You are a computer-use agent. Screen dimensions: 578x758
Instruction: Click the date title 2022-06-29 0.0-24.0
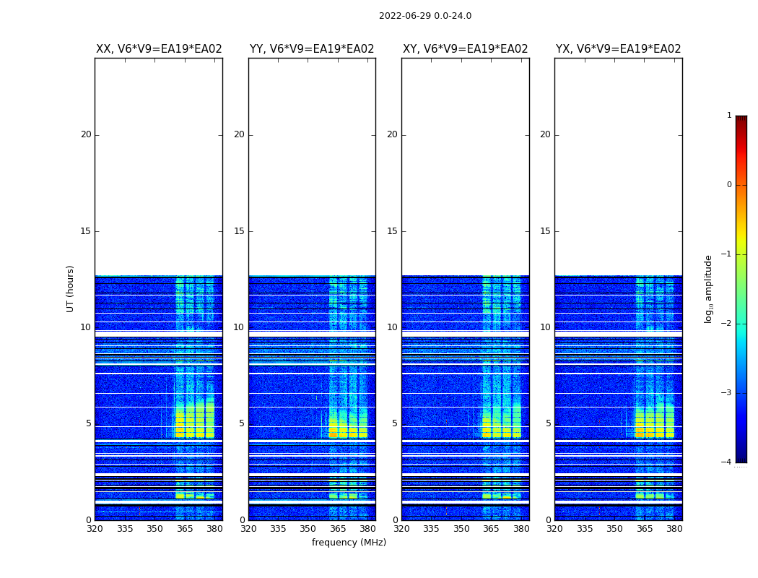(424, 16)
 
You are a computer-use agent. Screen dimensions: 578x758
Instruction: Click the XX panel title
(159, 49)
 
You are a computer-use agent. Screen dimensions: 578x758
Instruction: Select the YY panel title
(312, 49)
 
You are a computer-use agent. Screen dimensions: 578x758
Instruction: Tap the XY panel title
(465, 49)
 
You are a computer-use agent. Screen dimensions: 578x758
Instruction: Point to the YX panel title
(618, 49)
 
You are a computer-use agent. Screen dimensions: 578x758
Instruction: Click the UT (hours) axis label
(71, 288)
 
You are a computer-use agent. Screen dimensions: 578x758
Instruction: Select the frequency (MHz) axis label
(349, 543)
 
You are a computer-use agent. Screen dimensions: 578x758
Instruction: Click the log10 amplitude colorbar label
(709, 288)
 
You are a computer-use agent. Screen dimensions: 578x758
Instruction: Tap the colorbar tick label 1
(729, 116)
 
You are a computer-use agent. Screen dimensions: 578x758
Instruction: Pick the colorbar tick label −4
(727, 462)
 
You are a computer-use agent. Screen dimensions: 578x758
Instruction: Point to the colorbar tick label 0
(729, 185)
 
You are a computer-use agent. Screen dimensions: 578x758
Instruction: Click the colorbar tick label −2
(727, 324)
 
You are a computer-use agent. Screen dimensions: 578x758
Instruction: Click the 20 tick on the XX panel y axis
(86, 134)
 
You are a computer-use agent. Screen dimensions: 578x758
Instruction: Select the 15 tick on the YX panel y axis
(545, 231)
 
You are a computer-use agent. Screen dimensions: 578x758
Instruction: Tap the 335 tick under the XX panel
(125, 529)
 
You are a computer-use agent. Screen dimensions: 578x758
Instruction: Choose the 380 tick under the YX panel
(674, 529)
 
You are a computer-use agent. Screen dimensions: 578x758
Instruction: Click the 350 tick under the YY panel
(308, 529)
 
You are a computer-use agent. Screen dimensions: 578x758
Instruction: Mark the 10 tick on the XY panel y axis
(392, 327)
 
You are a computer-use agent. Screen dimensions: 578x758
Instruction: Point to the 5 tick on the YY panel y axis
(242, 423)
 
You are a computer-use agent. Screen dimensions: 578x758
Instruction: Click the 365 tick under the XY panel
(491, 529)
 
